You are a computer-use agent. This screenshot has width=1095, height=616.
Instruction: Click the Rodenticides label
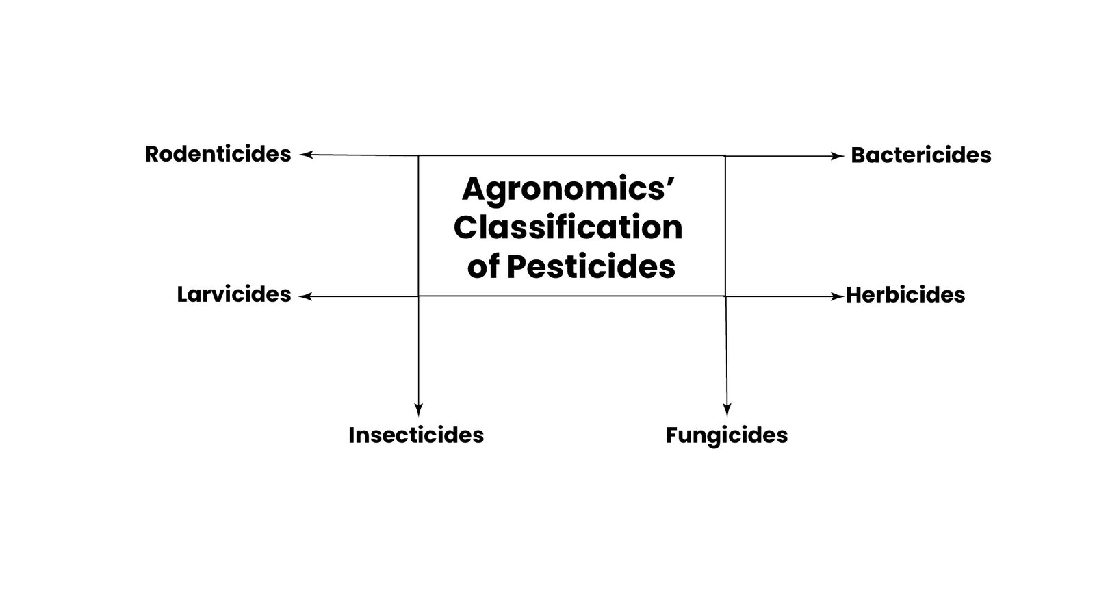click(218, 154)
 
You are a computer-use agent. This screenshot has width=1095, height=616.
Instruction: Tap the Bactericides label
click(921, 155)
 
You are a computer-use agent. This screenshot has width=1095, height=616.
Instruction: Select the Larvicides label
click(233, 294)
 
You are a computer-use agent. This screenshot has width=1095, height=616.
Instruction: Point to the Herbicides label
click(905, 295)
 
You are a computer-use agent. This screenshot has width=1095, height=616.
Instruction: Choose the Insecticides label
click(416, 435)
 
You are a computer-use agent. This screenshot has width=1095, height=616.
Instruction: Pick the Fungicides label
click(726, 435)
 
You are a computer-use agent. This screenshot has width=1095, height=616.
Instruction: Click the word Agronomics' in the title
click(568, 190)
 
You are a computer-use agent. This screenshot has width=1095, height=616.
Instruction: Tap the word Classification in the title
click(568, 227)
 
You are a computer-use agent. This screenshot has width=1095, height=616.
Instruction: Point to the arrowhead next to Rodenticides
click(306, 155)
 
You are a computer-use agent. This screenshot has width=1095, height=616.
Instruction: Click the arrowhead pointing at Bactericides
click(838, 157)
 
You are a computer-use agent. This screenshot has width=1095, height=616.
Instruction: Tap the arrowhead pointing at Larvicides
click(305, 296)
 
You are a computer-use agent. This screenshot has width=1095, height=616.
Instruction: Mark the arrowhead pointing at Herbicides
click(838, 296)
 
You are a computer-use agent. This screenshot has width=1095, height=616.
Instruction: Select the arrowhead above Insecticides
click(418, 410)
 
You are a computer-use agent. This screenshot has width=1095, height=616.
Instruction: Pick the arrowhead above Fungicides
click(727, 410)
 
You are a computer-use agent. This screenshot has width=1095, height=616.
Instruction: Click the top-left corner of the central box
click(418, 156)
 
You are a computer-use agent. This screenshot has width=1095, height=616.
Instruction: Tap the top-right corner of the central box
click(725, 156)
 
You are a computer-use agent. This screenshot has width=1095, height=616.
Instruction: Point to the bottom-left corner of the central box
click(418, 296)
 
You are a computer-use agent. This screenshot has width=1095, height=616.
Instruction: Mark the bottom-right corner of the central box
click(725, 296)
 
